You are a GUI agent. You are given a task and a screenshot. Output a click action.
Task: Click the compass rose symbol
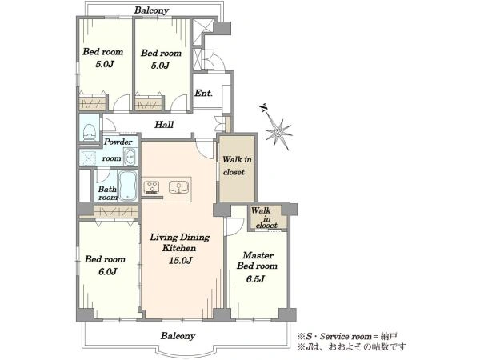pos(278,132)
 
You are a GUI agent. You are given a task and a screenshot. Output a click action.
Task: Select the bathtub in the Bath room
pos(127,186)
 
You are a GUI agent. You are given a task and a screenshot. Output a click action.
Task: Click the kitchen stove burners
pos(152,187)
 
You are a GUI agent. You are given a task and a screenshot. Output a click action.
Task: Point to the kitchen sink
pos(178,187)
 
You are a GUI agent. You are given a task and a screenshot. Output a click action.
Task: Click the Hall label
pos(164,125)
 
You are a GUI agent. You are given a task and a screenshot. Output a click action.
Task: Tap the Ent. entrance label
pos(203,93)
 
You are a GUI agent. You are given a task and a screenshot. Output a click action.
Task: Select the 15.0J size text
pos(181,261)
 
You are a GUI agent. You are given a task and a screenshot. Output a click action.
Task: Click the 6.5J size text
pos(255,279)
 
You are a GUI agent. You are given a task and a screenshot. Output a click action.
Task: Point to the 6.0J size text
pos(107,271)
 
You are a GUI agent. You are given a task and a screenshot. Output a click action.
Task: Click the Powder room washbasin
pos(130,157)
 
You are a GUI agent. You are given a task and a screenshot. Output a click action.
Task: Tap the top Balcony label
pos(151,10)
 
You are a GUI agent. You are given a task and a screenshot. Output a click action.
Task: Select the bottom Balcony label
pos(178,336)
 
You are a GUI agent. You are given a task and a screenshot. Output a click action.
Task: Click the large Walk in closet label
pos(238,166)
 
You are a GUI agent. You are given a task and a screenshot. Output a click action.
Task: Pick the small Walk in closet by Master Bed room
pos(266,218)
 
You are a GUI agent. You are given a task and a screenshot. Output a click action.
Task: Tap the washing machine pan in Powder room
pos(89,158)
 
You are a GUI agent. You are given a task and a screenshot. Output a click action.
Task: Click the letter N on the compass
pos(263,108)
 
